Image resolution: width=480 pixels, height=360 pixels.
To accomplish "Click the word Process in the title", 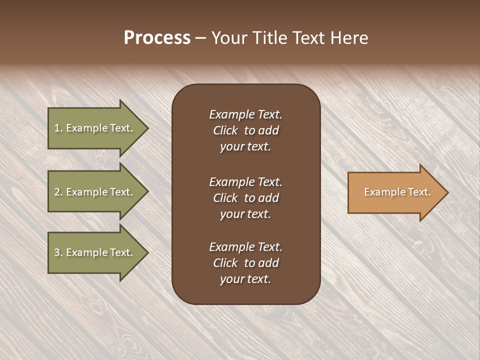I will pos(157,38).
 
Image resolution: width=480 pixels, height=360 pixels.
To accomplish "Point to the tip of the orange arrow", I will pos(446,192).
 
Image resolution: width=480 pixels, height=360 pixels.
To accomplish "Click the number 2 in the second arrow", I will pos(57,192).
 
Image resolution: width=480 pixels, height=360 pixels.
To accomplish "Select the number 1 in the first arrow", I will pos(57,128).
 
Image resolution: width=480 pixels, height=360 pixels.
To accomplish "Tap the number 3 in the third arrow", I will pos(57,252).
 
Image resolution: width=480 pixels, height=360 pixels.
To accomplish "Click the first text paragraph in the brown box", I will pos(245,130).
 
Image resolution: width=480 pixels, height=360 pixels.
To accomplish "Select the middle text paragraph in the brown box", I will pos(245,198).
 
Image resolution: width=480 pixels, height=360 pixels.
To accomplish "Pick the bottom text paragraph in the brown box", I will pos(245,263).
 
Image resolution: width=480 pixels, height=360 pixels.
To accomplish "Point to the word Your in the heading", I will pos(229,38).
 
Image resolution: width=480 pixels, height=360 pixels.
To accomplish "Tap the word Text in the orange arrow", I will pos(419,192).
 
